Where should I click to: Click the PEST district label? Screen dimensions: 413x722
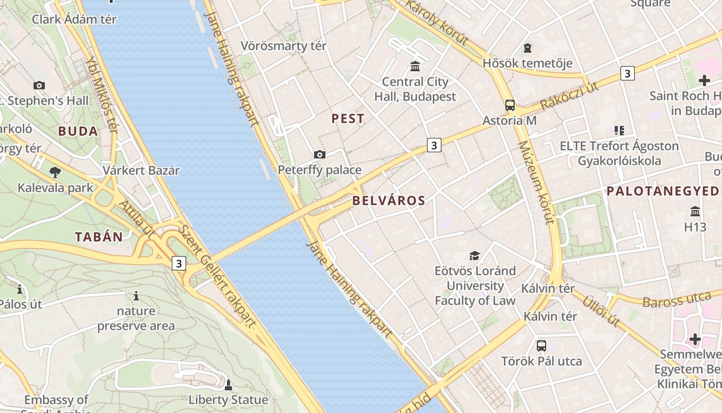[x=348, y=119]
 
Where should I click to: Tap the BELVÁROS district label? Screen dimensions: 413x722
[x=389, y=201]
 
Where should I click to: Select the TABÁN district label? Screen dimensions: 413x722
[x=99, y=237]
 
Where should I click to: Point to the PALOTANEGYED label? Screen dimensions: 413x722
[x=662, y=191]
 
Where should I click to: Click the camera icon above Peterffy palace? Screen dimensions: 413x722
[x=320, y=154]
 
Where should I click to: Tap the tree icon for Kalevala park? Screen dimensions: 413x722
[x=55, y=172]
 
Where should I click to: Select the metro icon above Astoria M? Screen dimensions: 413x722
[x=510, y=105]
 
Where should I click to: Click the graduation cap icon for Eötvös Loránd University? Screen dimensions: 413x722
[x=474, y=256]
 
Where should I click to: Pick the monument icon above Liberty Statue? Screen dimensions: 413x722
[x=228, y=385]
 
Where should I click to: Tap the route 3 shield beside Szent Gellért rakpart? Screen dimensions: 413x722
[x=178, y=263]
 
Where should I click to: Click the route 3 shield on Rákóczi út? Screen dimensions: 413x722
[x=627, y=73]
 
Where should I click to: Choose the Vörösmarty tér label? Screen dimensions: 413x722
[x=284, y=46]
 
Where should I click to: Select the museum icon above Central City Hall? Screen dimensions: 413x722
[x=415, y=66]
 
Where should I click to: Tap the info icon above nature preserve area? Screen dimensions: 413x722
[x=136, y=296]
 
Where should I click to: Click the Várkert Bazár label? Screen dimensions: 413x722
[x=141, y=170]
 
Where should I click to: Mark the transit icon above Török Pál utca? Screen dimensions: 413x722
[x=541, y=345]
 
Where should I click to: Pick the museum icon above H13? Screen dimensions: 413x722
[x=695, y=212]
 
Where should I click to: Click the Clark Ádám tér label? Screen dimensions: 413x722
[x=74, y=20]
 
